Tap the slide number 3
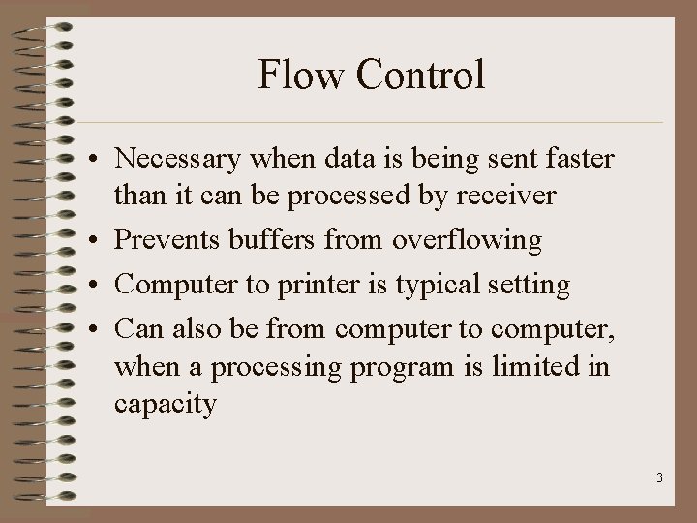[658, 478]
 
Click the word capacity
[165, 405]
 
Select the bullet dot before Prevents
[99, 240]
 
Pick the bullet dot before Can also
[99, 329]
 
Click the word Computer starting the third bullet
[175, 286]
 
